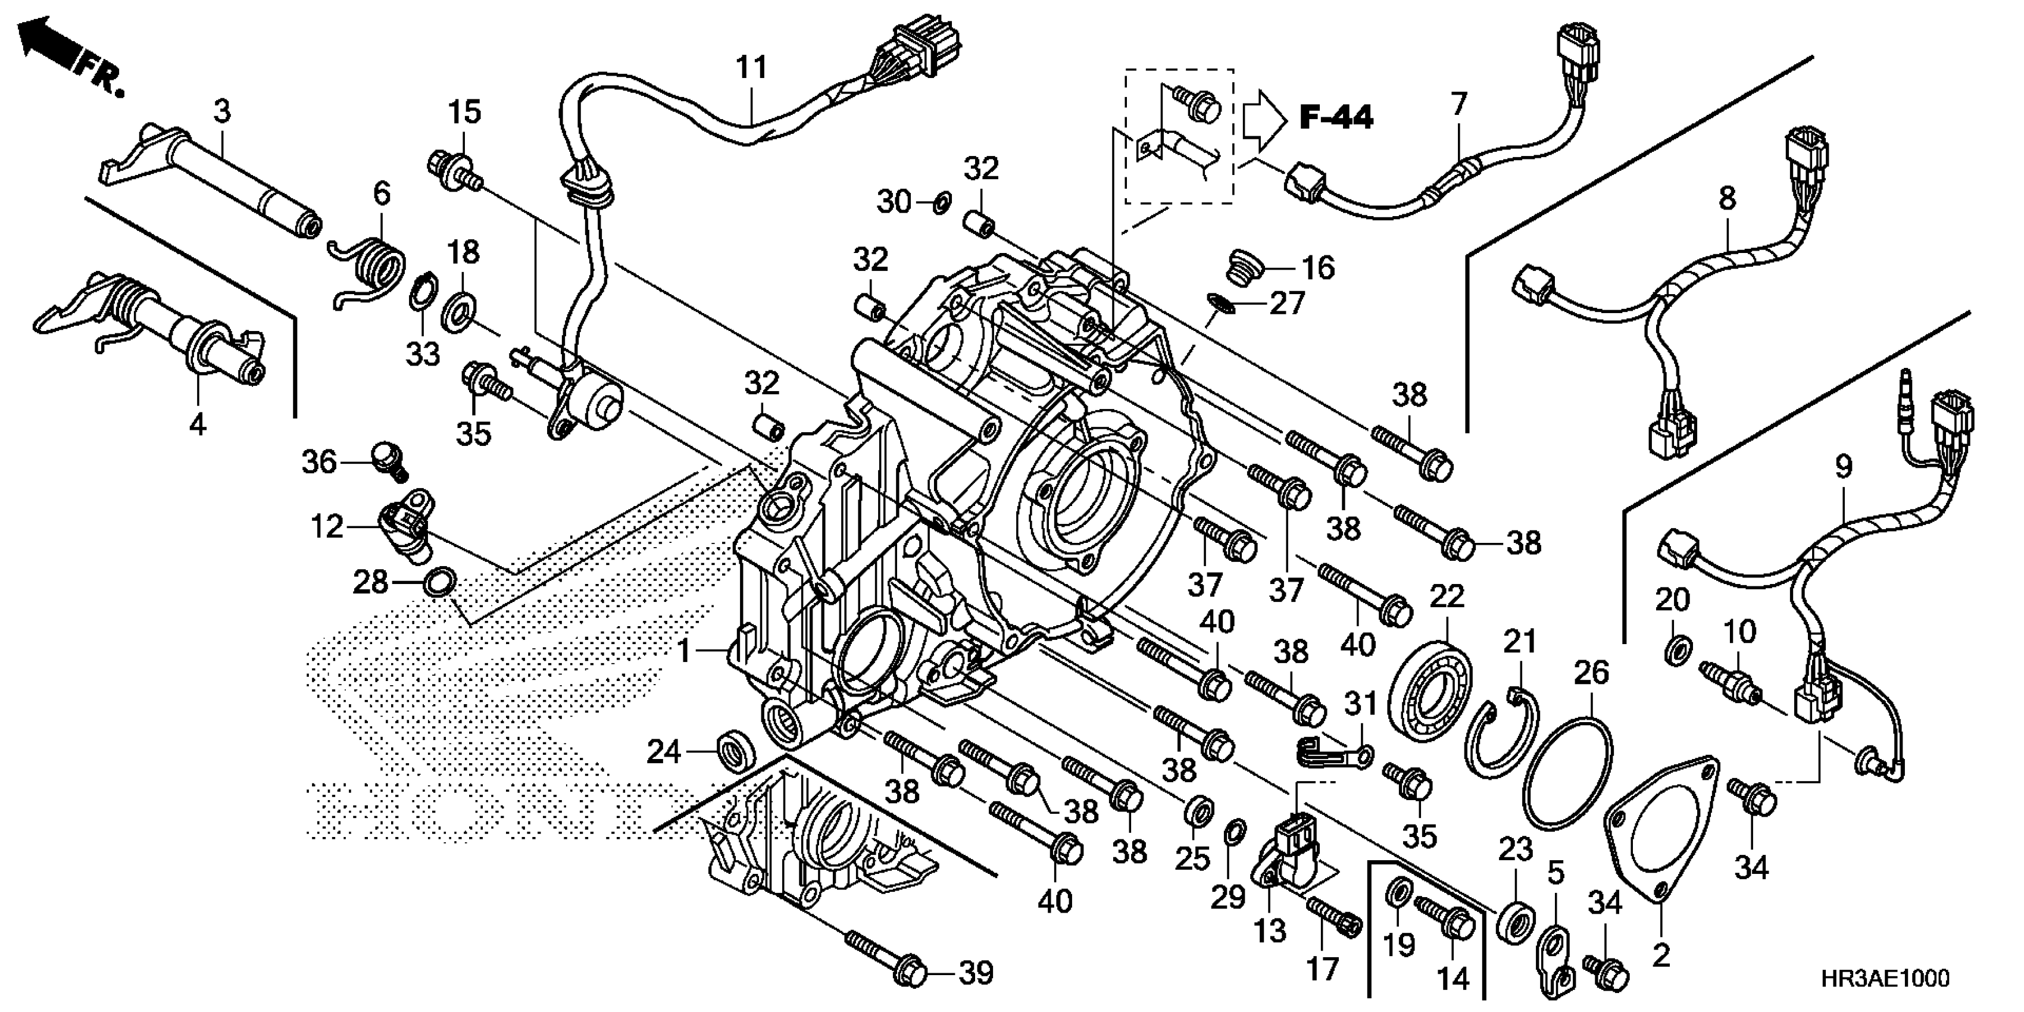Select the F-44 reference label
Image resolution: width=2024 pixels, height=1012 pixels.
point(1336,118)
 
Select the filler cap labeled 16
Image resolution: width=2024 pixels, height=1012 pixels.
point(1246,267)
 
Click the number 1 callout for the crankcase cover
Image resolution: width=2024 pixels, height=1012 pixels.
point(683,651)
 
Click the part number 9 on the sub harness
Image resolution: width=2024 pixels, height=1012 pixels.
point(1842,467)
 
